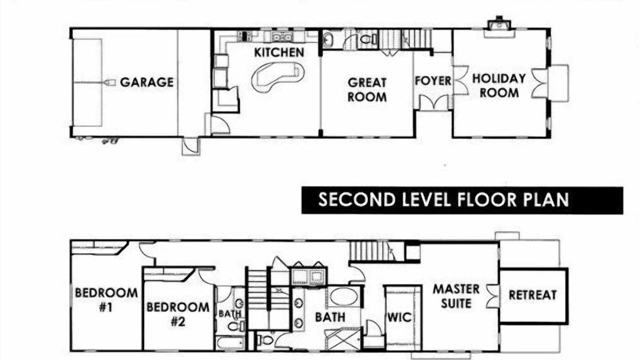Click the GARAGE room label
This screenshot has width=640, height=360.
coord(146,82)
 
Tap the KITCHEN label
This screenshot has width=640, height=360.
coord(279,52)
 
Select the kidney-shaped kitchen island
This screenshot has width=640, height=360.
coord(277,76)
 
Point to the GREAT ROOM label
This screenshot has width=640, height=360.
coord(367,89)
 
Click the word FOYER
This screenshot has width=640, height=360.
coord(433,81)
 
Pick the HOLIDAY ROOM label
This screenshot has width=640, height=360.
coord(499,85)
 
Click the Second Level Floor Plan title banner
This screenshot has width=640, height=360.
coord(462,200)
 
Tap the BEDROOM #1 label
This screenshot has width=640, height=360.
coord(106,300)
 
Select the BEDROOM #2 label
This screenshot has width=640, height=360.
coord(178,314)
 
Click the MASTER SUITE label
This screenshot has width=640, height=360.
coord(456,296)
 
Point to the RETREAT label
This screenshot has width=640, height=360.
coord(533,295)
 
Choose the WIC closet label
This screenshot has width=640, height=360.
coord(399,317)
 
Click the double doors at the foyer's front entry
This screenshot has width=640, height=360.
coord(433,102)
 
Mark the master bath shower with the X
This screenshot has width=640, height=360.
coord(343,339)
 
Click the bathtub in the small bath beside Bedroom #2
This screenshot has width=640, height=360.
coord(230,343)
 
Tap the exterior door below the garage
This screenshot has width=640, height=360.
coord(191,146)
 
